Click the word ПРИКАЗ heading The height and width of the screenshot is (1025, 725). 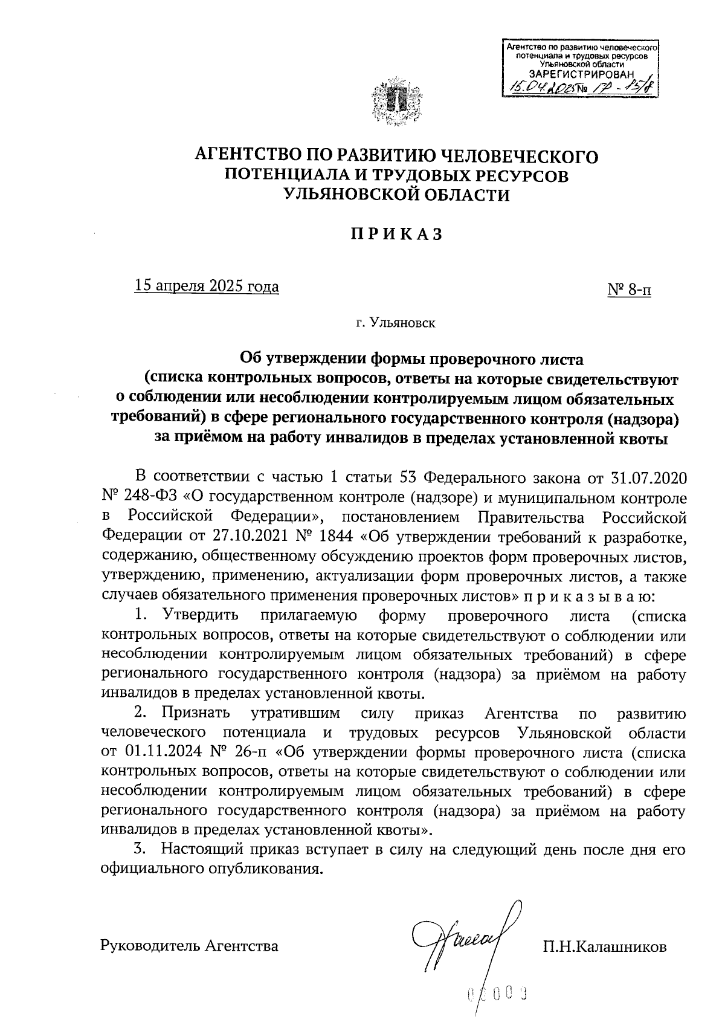coord(398,234)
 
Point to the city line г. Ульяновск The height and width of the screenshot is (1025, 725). coord(396,323)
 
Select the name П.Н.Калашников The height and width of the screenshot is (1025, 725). coord(605,946)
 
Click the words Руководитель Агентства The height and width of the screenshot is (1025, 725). coord(190,946)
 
